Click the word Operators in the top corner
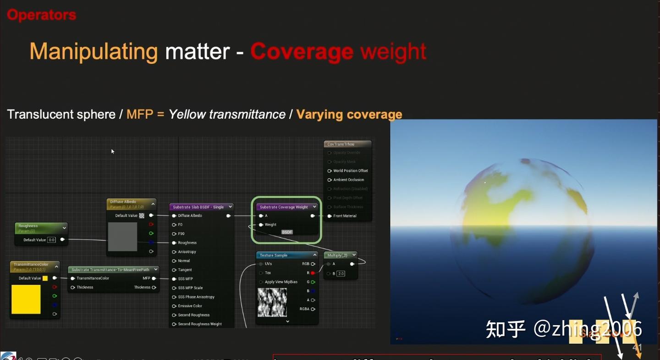click(41, 15)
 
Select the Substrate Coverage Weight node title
click(284, 207)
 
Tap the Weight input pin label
click(270, 225)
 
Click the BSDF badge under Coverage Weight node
click(287, 232)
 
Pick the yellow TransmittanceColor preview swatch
click(26, 300)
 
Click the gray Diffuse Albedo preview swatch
click(122, 236)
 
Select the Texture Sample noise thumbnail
click(272, 302)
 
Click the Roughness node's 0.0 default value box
click(51, 240)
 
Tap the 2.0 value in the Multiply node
click(341, 273)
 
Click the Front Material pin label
click(345, 216)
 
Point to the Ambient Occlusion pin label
click(348, 180)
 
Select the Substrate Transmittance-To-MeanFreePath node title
click(110, 270)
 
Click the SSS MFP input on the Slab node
click(185, 279)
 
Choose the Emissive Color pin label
click(190, 306)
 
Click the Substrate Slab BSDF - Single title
click(198, 207)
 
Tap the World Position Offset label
click(350, 171)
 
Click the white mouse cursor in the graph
click(112, 151)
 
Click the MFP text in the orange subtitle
click(140, 114)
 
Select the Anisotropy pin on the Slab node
click(187, 252)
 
